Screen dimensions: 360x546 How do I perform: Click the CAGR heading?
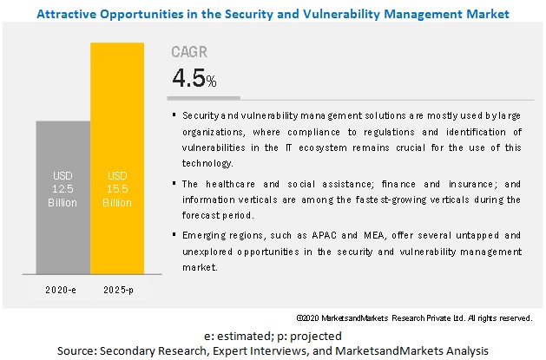pos(189,52)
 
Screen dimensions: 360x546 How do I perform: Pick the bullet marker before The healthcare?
pos(175,183)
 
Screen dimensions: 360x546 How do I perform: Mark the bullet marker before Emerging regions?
pos(175,234)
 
